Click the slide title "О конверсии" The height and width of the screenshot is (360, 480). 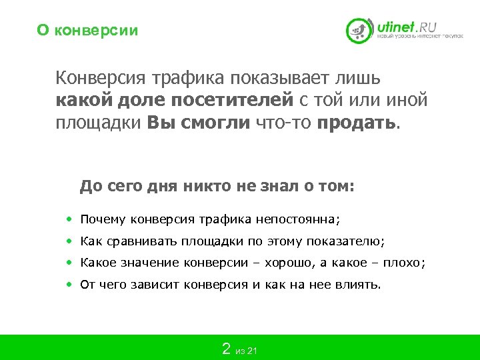click(x=87, y=31)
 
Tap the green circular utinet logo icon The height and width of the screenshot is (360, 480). click(x=359, y=30)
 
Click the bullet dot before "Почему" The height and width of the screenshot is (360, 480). click(x=70, y=219)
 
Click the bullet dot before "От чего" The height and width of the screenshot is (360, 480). click(x=70, y=285)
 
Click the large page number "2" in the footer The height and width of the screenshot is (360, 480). click(x=226, y=349)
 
